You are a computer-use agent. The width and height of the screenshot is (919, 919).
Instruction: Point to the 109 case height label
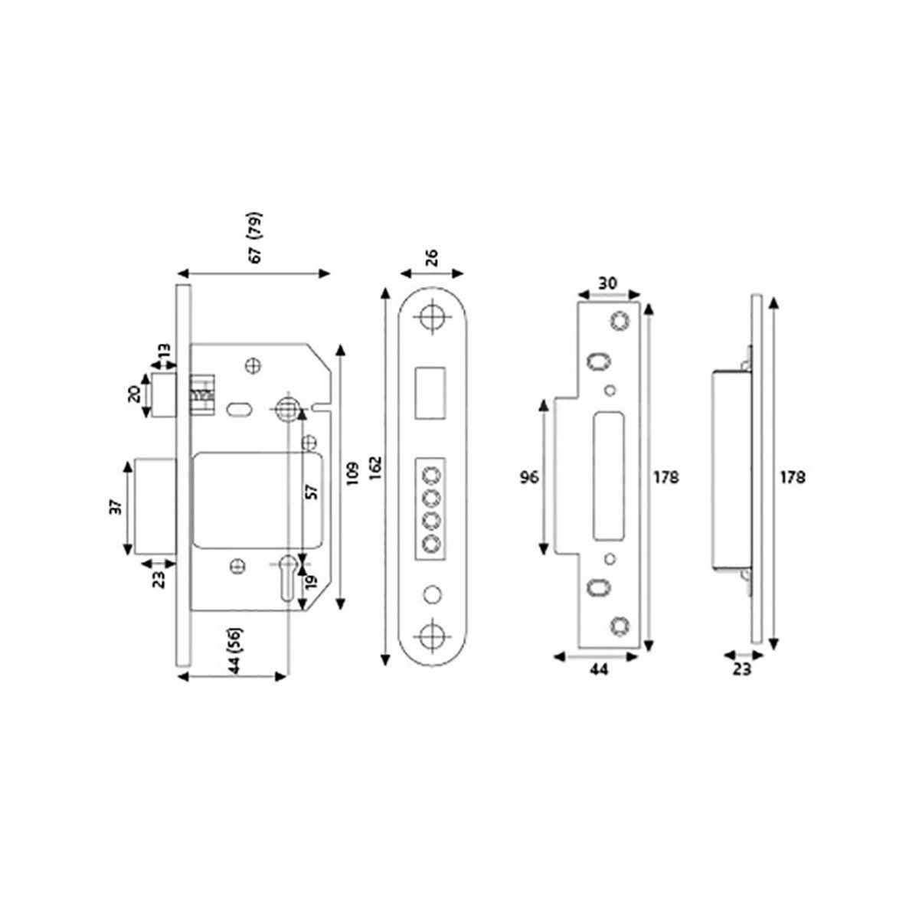click(352, 476)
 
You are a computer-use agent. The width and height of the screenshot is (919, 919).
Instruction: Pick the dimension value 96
click(528, 477)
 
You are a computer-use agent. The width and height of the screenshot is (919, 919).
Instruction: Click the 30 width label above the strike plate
click(607, 283)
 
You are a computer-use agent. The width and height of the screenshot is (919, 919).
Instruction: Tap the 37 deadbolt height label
click(114, 507)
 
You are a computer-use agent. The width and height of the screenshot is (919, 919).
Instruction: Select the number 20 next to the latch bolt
click(133, 395)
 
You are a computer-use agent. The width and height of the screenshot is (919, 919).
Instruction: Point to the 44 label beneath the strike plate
click(598, 670)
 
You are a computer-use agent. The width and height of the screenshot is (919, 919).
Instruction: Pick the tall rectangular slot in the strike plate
click(610, 475)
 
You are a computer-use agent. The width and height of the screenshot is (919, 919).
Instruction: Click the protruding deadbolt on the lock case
click(156, 506)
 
